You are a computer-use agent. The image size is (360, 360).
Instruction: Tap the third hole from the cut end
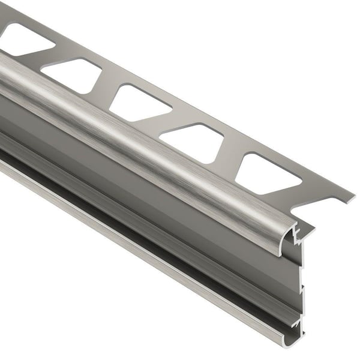139,102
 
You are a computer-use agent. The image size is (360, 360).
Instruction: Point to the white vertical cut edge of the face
301,288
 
